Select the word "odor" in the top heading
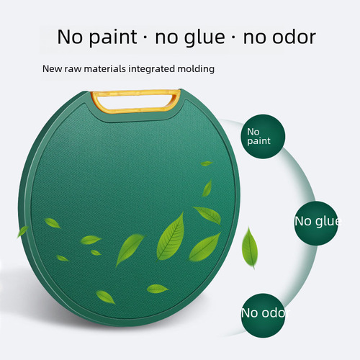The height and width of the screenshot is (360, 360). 289,37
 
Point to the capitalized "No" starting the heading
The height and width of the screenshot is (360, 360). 69,37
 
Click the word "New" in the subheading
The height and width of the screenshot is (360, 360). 51,70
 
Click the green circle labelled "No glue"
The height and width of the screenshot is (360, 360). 316,220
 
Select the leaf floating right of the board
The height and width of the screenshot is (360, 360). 249,248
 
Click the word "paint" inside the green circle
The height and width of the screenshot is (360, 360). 259,142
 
